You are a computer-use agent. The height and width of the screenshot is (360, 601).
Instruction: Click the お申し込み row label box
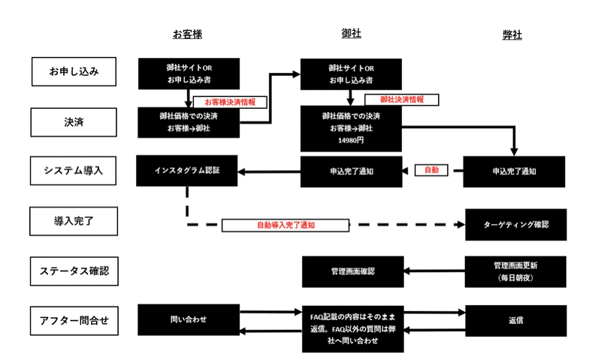[74, 72]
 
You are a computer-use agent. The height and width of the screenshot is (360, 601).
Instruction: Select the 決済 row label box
[74, 121]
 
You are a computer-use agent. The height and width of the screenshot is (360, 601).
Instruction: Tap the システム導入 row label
[74, 171]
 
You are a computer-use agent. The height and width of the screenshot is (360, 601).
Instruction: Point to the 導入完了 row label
[74, 222]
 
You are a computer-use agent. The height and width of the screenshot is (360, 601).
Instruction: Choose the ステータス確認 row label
[74, 271]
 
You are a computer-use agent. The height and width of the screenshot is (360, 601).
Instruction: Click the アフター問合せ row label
[74, 321]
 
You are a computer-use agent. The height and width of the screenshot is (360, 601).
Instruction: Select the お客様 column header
[187, 35]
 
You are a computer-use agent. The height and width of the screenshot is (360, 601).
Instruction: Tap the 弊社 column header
[512, 35]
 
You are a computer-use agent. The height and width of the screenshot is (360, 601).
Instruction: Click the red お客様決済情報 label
[225, 101]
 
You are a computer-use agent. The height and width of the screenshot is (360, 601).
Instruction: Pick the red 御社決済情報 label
[401, 99]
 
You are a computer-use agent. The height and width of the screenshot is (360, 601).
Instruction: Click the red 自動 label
[431, 171]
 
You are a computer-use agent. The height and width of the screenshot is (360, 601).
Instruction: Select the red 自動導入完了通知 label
[285, 225]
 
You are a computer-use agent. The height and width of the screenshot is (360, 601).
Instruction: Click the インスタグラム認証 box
[188, 171]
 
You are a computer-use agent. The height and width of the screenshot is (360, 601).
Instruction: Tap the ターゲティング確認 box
[515, 225]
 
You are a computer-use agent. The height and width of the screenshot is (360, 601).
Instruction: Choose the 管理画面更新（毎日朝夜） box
[515, 271]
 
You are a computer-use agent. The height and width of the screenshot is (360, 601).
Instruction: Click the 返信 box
[515, 320]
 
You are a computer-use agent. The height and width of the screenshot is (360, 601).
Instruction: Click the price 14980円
[351, 140]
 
